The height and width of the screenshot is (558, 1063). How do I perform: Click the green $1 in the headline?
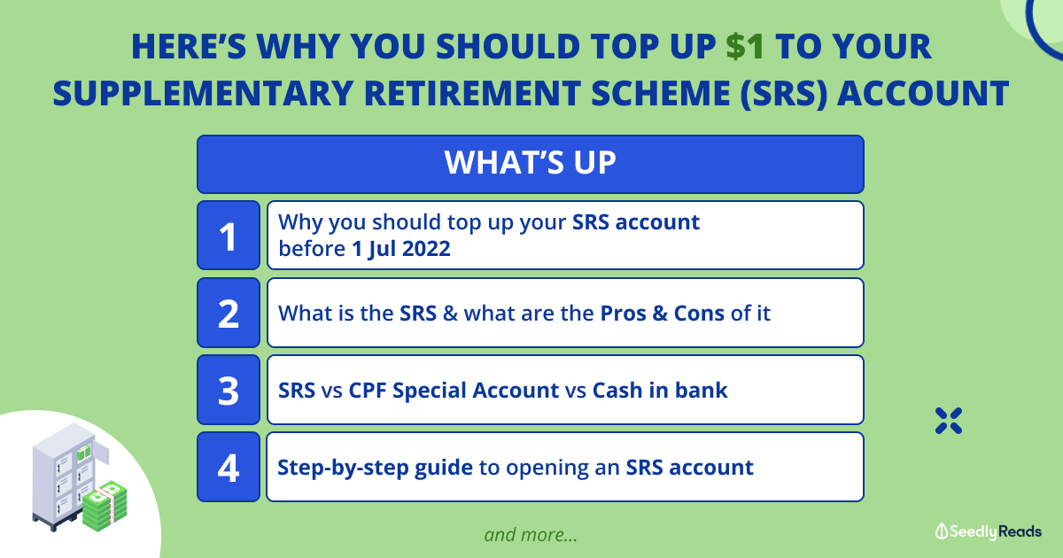click(x=745, y=47)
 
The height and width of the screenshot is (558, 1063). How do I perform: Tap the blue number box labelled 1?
click(x=229, y=236)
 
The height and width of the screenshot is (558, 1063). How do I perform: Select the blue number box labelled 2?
click(x=229, y=313)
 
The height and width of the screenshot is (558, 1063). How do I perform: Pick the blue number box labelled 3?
click(x=229, y=390)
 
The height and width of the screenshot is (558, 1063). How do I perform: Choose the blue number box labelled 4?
click(x=229, y=467)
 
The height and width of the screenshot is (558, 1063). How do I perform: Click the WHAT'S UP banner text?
click(x=530, y=163)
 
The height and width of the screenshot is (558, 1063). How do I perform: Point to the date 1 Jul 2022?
click(x=401, y=249)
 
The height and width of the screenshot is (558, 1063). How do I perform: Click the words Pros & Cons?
click(x=662, y=314)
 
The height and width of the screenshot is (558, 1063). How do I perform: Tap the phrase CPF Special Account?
click(x=454, y=391)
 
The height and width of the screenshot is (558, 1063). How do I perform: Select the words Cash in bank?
click(x=660, y=391)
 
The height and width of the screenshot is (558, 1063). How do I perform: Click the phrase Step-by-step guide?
click(x=375, y=468)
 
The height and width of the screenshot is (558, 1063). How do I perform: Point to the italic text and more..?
click(x=531, y=535)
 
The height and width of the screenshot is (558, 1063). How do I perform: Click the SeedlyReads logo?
click(x=988, y=531)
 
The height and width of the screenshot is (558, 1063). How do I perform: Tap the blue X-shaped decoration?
click(x=949, y=421)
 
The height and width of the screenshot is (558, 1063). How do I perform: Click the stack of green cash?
click(x=105, y=506)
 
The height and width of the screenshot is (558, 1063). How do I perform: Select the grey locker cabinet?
click(x=64, y=475)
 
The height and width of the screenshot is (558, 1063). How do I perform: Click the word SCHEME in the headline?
click(x=661, y=94)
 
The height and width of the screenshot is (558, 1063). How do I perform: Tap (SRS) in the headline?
click(x=784, y=94)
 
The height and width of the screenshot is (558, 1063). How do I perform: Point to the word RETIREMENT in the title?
click(x=472, y=94)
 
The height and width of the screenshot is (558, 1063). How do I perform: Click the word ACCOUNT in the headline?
click(x=923, y=94)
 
